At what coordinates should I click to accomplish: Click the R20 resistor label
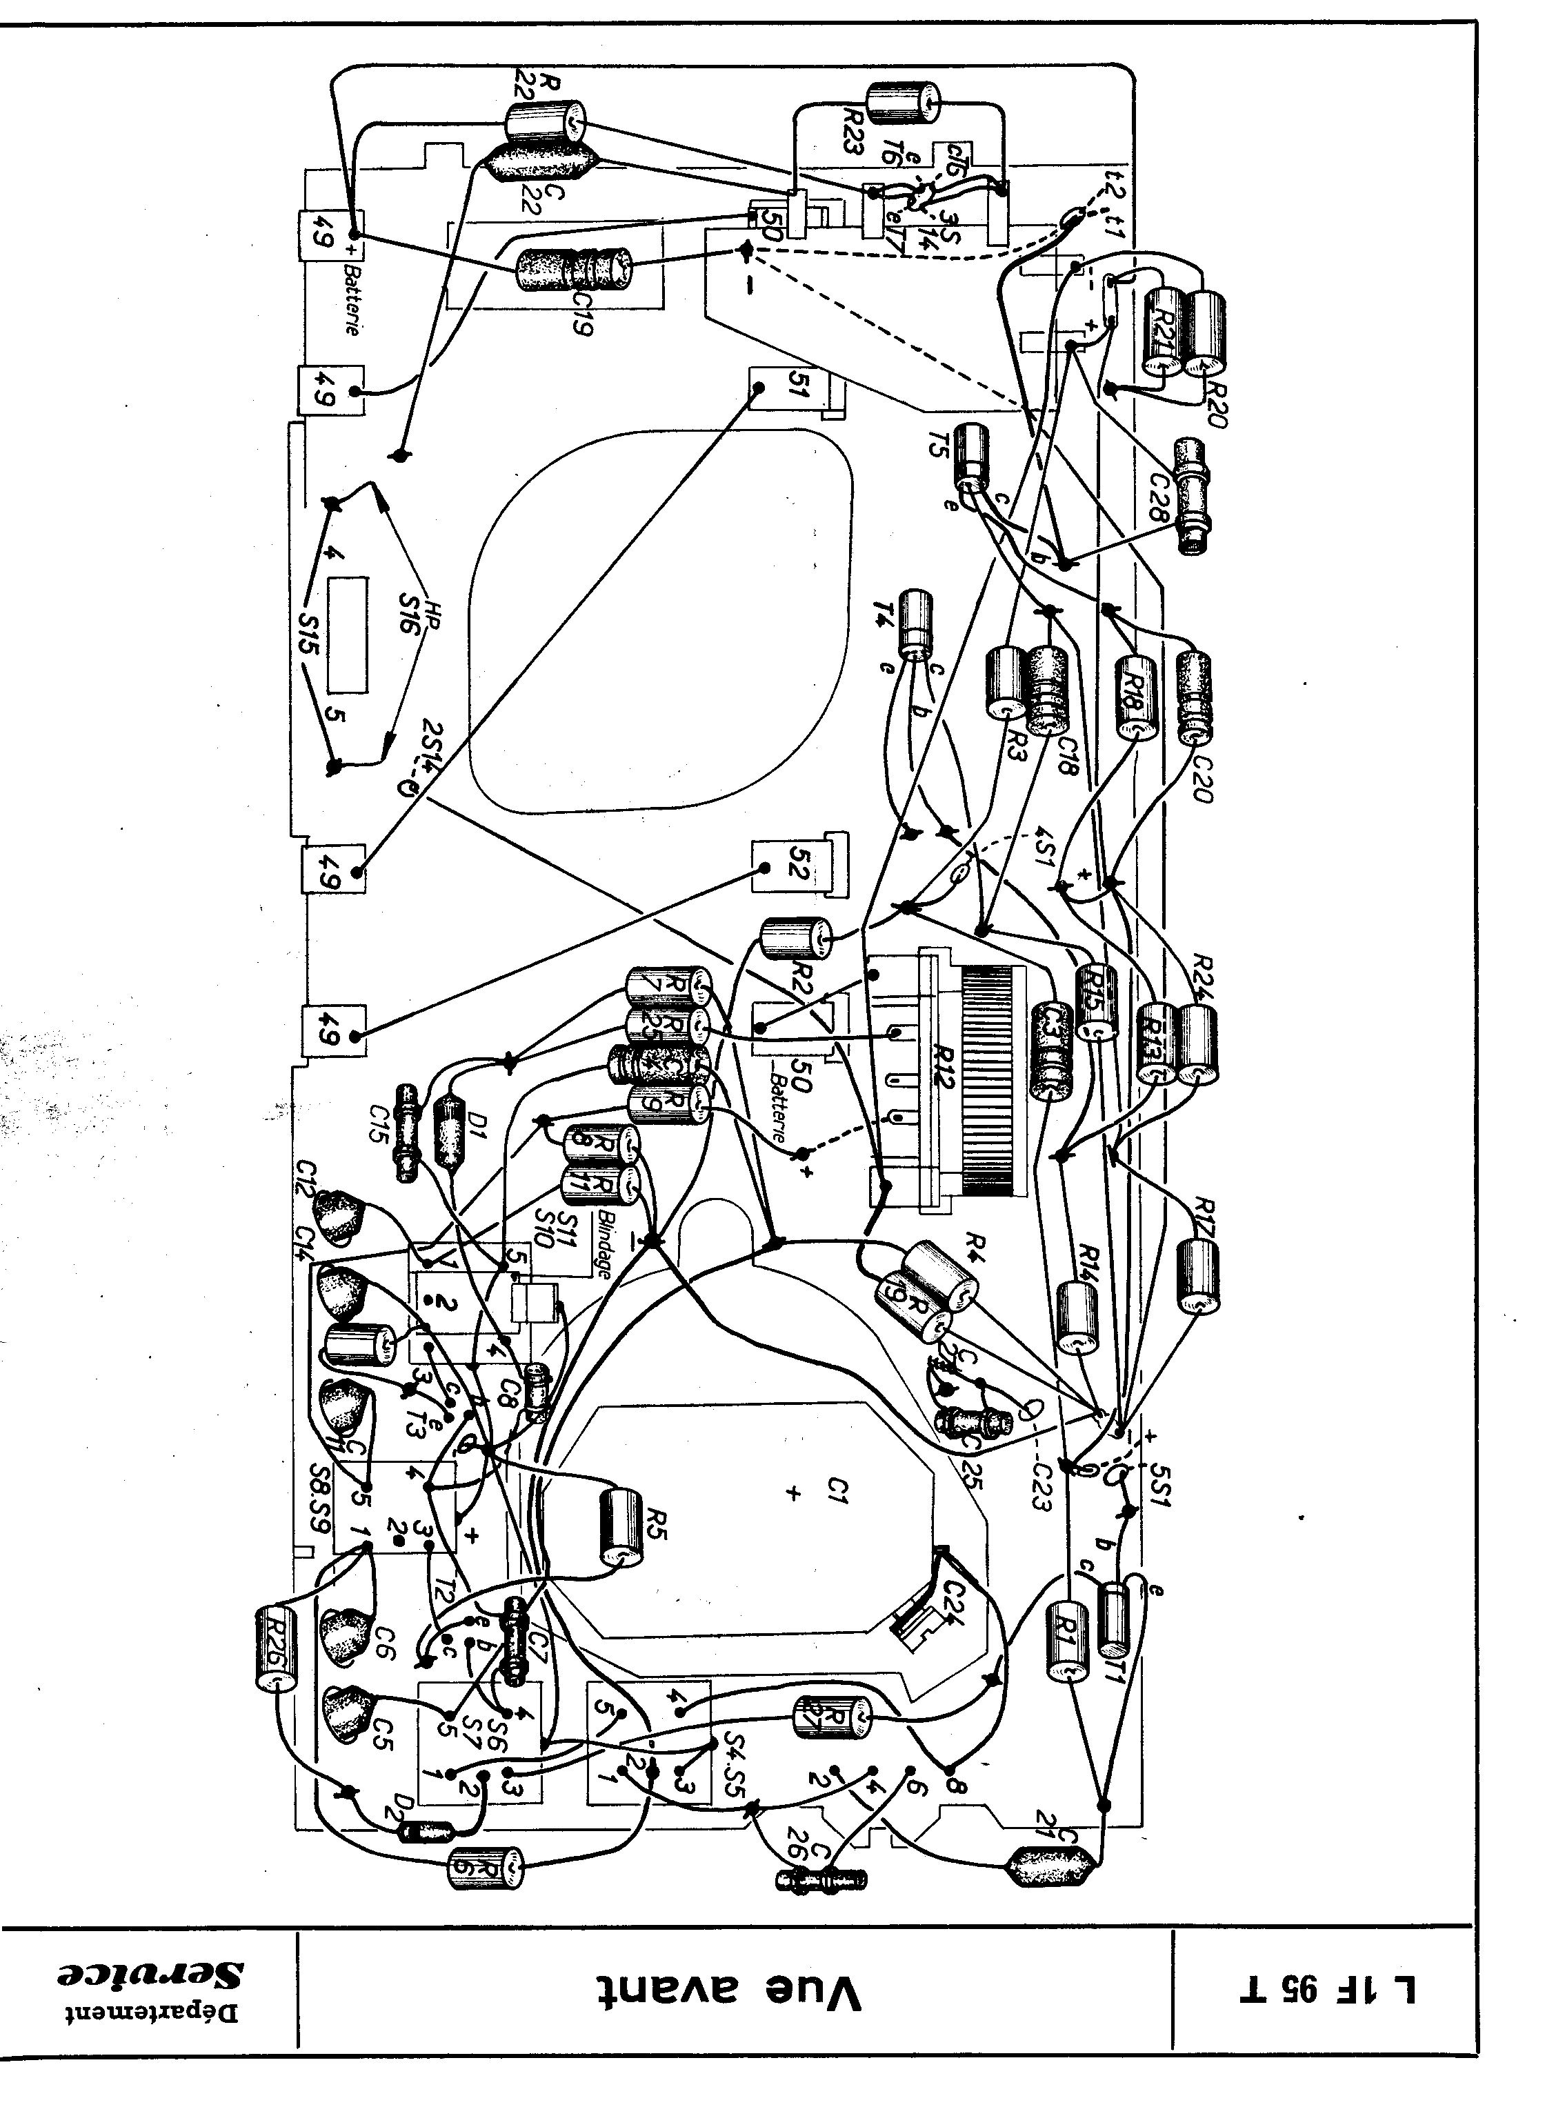1216,402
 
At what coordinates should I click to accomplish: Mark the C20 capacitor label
1203,776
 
